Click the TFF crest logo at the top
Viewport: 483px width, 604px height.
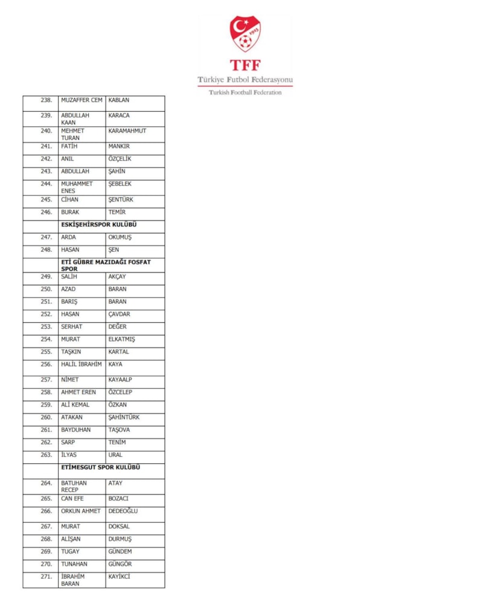pos(245,34)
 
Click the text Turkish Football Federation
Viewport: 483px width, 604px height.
pos(245,92)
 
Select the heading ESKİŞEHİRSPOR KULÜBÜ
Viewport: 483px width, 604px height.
pos(103,224)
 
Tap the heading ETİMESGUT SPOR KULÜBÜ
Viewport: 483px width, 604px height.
pos(104,467)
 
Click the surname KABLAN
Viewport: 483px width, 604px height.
pos(119,100)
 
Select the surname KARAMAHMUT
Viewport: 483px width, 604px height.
pos(127,131)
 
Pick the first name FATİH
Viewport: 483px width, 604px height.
pos(69,146)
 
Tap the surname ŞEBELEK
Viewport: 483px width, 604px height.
pos(120,184)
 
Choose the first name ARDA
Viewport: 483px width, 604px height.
pos(68,237)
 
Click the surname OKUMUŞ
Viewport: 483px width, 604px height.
pos(120,237)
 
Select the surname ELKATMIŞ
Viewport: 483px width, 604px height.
pos(122,339)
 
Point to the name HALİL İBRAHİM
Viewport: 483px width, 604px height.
pos(82,364)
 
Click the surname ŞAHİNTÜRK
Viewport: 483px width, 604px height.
pos(124,417)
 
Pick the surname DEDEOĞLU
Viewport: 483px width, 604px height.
pos(123,511)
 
